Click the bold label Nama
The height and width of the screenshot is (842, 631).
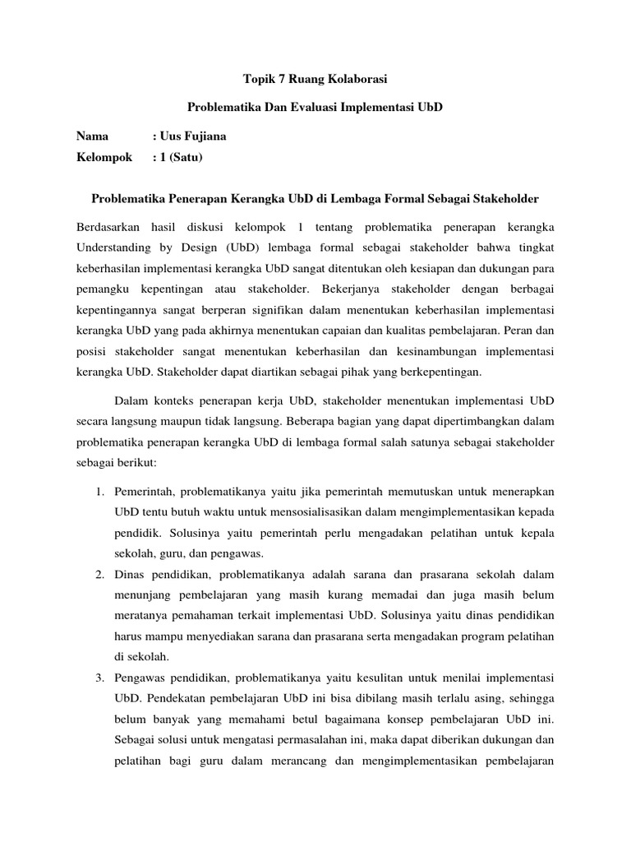pos(92,136)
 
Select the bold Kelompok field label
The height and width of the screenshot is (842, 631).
pos(104,157)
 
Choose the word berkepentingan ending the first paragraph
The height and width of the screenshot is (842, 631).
pos(444,372)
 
